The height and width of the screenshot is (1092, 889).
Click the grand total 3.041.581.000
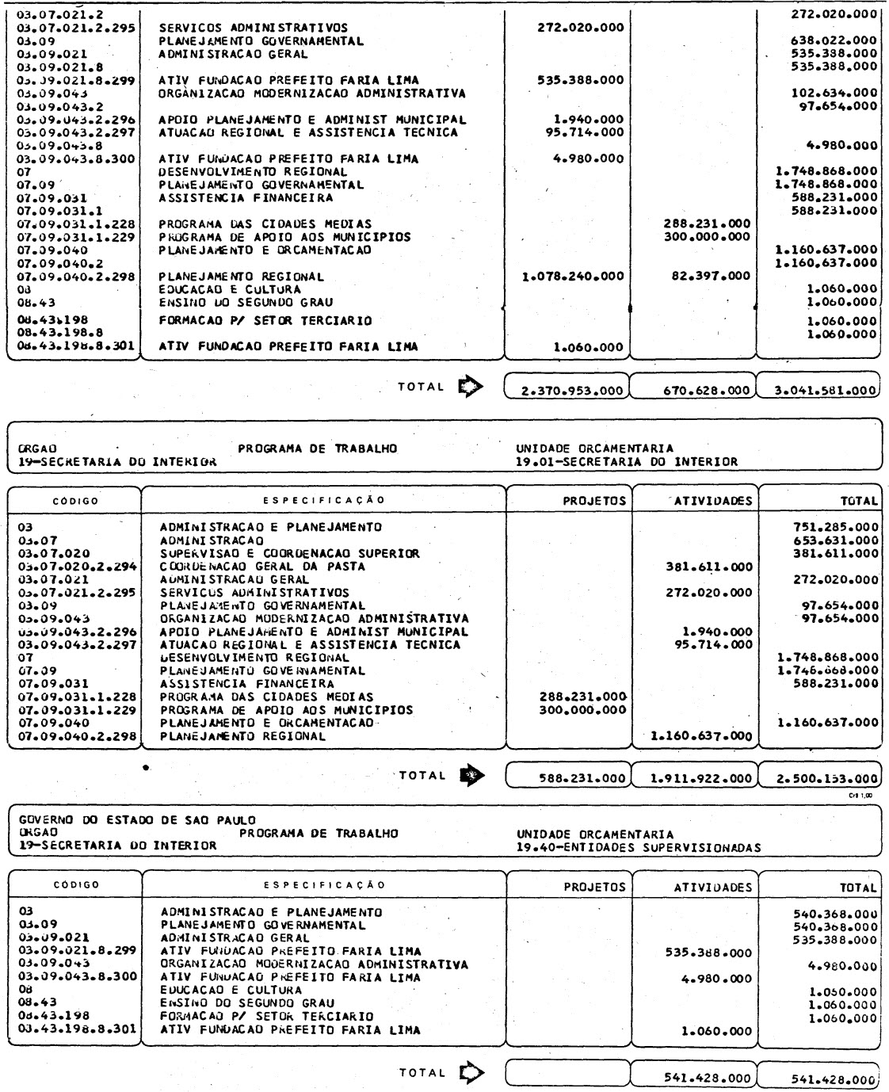click(x=820, y=390)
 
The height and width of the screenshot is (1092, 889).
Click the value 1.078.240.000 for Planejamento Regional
click(x=574, y=277)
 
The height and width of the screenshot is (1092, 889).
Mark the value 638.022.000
click(x=834, y=41)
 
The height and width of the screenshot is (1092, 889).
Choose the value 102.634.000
click(x=834, y=94)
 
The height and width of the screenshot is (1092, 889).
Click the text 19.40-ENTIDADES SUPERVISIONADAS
click(x=638, y=846)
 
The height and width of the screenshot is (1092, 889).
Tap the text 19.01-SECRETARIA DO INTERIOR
click(x=626, y=462)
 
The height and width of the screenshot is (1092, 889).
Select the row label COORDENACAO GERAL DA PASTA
click(x=263, y=567)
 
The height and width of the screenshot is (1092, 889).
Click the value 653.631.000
click(x=835, y=540)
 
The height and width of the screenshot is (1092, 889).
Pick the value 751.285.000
click(x=835, y=527)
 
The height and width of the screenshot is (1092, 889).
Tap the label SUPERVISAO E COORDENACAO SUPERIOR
click(x=290, y=553)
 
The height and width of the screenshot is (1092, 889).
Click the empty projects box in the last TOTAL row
click(x=567, y=1074)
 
